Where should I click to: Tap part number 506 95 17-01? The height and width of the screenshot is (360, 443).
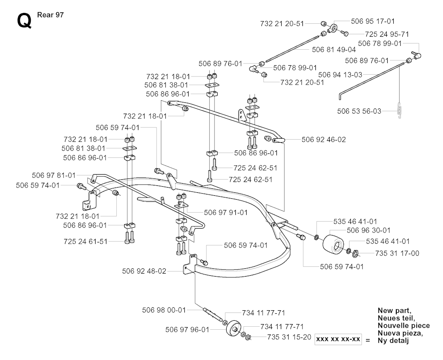point(373,21)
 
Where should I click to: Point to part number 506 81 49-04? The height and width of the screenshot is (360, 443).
point(334,49)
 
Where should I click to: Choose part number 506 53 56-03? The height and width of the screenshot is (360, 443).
point(359,111)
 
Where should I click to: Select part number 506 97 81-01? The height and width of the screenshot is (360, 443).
point(54,175)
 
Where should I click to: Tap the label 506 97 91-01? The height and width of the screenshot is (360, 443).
point(226,212)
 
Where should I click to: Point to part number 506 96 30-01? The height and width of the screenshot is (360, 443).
point(369,230)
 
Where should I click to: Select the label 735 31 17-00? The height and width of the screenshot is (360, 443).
point(398,253)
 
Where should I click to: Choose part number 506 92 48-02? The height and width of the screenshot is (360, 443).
point(144,271)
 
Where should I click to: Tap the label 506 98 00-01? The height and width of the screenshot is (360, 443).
point(164,310)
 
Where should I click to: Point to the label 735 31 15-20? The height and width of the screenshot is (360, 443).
point(289,337)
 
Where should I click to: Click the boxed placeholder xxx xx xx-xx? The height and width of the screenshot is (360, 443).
point(338,339)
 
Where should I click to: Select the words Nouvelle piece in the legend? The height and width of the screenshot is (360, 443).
point(403,325)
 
